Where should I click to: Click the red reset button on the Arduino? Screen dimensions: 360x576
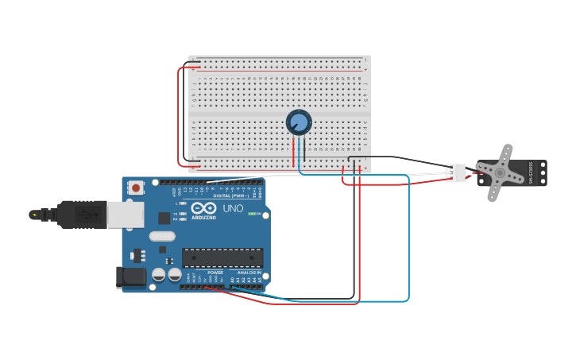[136, 188]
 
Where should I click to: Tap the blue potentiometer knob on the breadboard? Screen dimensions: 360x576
[299, 122]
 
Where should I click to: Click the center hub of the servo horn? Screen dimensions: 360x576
[500, 172]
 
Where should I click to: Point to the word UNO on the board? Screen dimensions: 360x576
[233, 208]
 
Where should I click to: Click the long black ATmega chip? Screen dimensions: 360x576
[222, 257]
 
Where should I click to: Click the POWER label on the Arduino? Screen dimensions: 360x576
[215, 273]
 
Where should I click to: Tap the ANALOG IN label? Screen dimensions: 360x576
[249, 273]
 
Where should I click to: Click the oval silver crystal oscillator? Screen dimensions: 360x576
[161, 236]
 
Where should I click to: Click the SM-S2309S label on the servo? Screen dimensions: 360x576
[531, 172]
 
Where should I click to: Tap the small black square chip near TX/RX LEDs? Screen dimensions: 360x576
[164, 218]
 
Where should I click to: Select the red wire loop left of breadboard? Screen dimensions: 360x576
[180, 116]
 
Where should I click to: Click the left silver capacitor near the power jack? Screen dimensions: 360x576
[159, 274]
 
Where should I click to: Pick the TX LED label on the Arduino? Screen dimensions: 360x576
[176, 214]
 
